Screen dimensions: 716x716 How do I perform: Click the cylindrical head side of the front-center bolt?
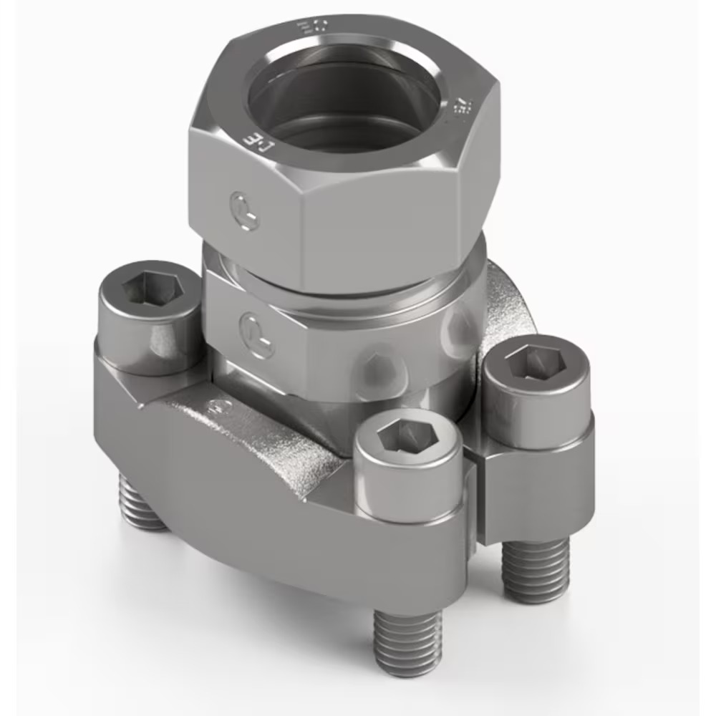click(401, 487)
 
